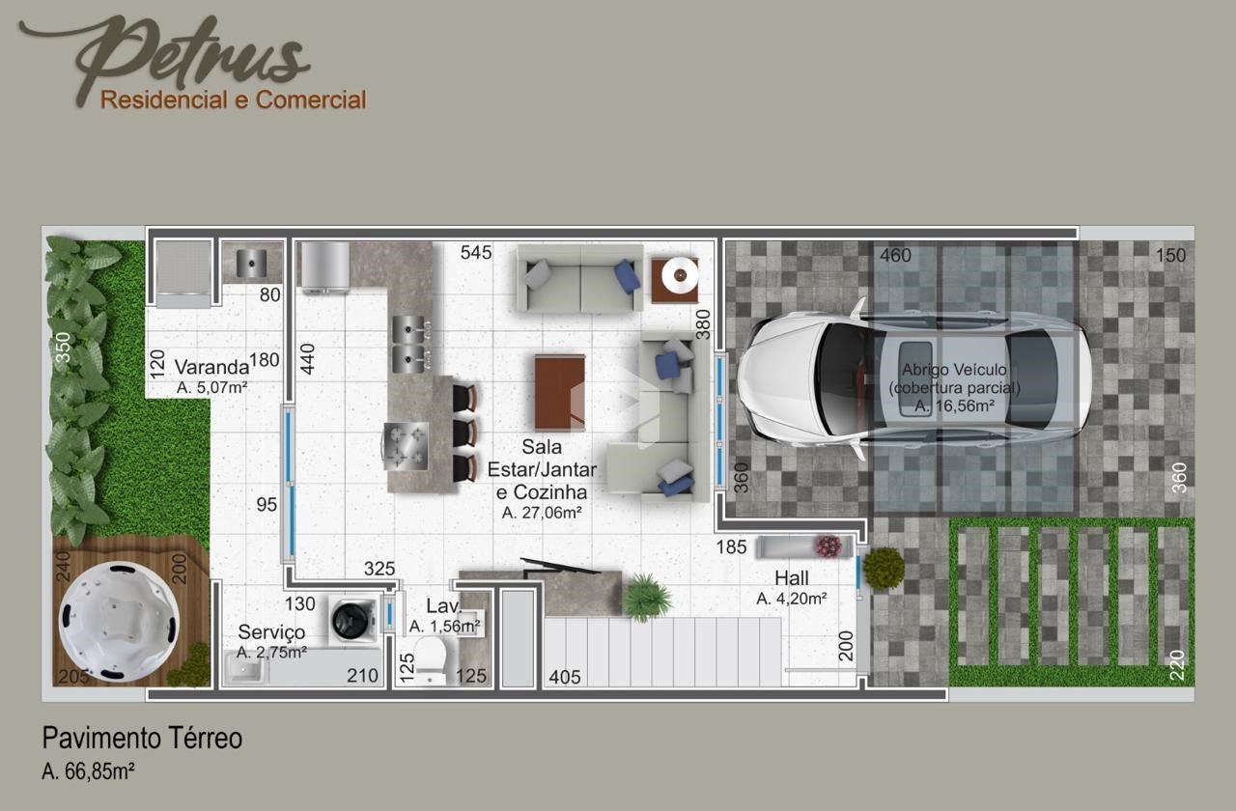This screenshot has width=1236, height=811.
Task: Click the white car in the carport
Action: (x=913, y=379)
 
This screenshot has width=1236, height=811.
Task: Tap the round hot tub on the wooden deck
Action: (x=119, y=621)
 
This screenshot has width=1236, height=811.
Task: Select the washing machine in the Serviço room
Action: (x=352, y=619)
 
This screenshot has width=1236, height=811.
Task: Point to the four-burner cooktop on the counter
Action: (x=406, y=446)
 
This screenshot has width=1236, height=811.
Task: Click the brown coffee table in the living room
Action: (x=559, y=392)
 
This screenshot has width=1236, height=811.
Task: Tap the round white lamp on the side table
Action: (x=680, y=274)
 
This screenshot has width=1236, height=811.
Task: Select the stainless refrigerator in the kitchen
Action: (x=325, y=267)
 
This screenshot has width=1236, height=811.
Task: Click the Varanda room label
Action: (x=211, y=367)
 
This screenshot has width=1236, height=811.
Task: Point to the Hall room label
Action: (x=791, y=578)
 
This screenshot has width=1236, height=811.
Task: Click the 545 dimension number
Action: (x=476, y=253)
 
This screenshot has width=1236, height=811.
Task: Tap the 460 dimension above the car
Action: (x=895, y=256)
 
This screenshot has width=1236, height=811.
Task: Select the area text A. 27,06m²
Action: (x=542, y=513)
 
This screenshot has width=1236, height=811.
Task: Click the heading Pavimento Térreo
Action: (x=142, y=739)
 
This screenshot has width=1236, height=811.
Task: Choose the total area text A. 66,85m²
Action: (x=88, y=771)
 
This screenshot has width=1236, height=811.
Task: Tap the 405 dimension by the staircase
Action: (x=565, y=677)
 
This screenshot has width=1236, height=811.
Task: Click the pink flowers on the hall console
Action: (x=829, y=546)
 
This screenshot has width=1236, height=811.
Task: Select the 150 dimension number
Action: (x=1170, y=256)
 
